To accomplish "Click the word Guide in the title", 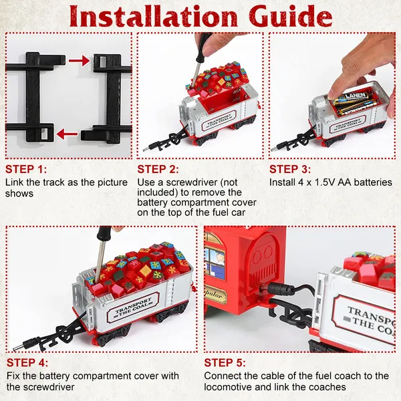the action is tap(290, 15).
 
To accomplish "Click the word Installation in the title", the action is tap(154, 15).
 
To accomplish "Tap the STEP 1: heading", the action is tap(26, 169).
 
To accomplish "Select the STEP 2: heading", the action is tap(158, 169).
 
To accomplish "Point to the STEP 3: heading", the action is tap(290, 169).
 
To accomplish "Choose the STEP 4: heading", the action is tap(27, 363).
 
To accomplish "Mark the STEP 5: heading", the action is tap(225, 363).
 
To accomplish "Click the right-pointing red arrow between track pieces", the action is tap(80, 61).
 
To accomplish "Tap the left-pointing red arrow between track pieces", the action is tap(67, 134).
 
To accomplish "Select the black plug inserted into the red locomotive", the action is tap(278, 289).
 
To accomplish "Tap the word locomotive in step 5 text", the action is tap(227, 387).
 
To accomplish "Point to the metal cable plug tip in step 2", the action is tap(146, 149).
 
